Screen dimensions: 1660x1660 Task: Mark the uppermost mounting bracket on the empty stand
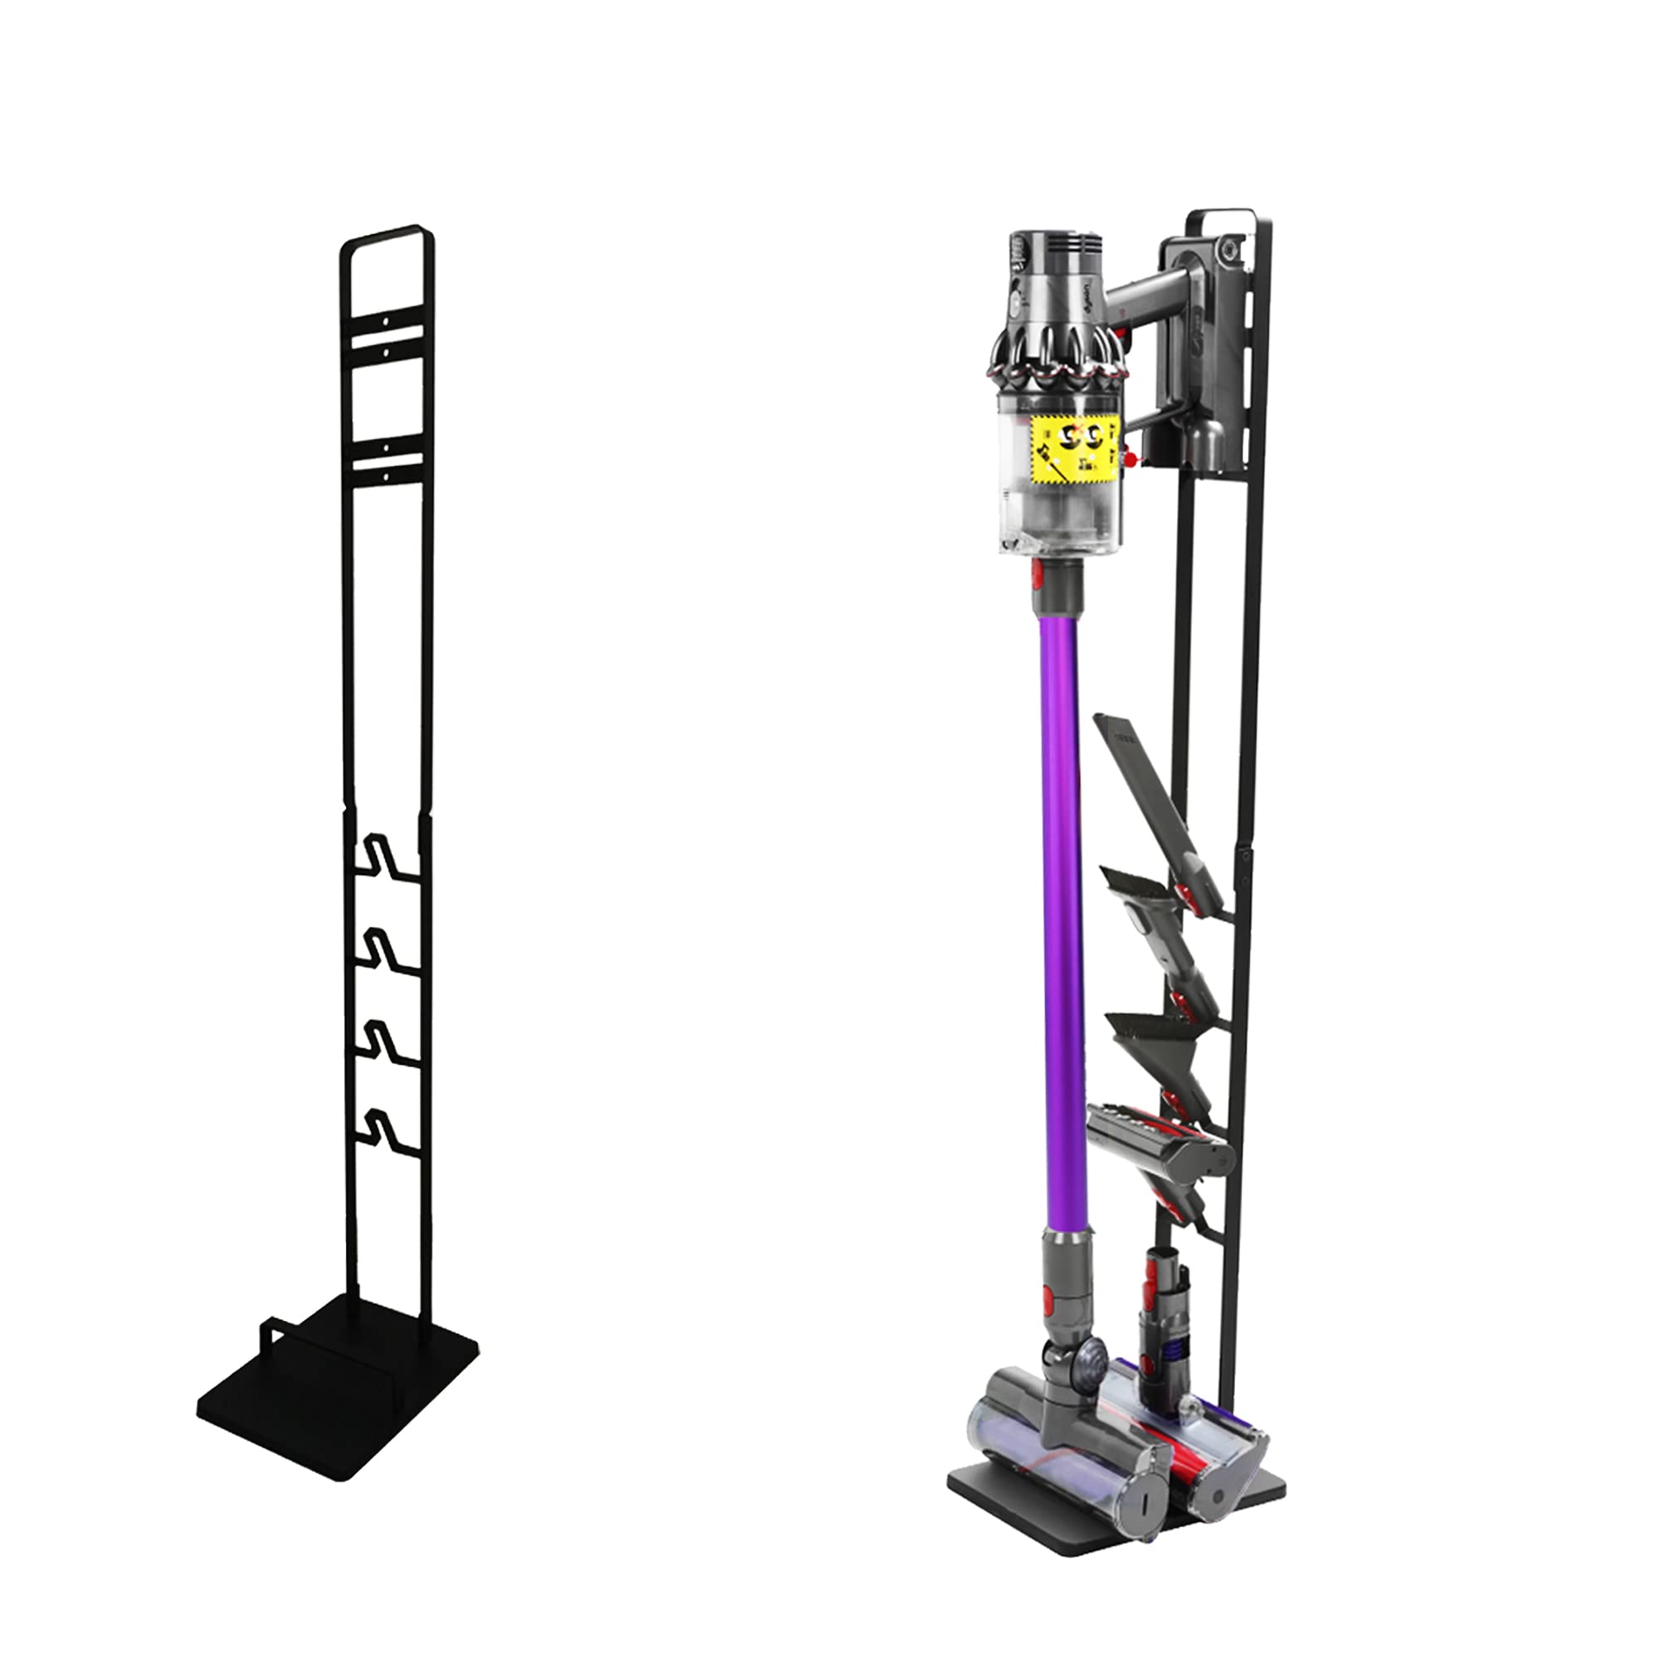pos(387,331)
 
